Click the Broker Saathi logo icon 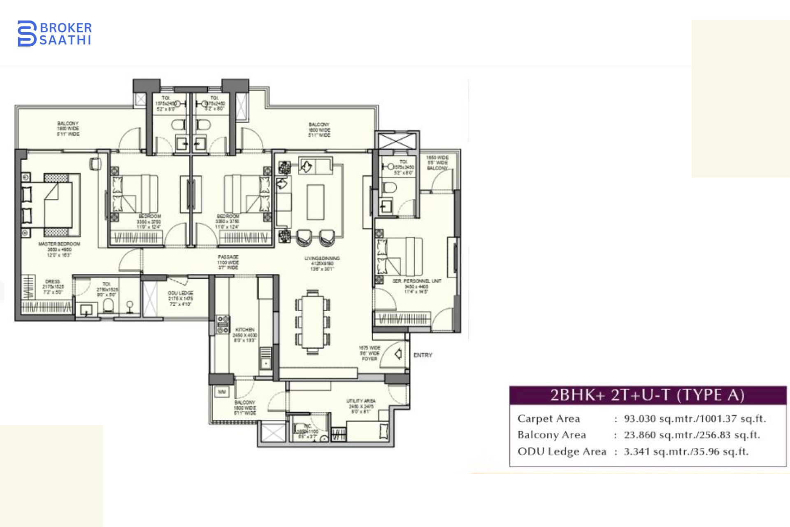pyautogui.click(x=27, y=33)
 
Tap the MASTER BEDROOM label pyautogui.click(x=59, y=244)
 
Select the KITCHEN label pyautogui.click(x=245, y=330)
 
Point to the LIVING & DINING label pyautogui.click(x=322, y=259)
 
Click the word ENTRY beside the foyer pyautogui.click(x=423, y=355)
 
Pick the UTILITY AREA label pyautogui.click(x=361, y=401)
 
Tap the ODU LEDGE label pyautogui.click(x=180, y=293)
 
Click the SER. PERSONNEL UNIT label pyautogui.click(x=416, y=281)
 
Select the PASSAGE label pyautogui.click(x=228, y=257)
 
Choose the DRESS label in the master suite pyautogui.click(x=53, y=282)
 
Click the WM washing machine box pyautogui.click(x=222, y=392)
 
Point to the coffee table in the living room pyautogui.click(x=316, y=202)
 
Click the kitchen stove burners pyautogui.click(x=223, y=324)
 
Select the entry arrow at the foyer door pyautogui.click(x=398, y=354)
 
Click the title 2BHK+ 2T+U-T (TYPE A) pyautogui.click(x=648, y=395)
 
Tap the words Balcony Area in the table pyautogui.click(x=551, y=435)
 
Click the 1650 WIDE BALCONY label pyautogui.click(x=437, y=163)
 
